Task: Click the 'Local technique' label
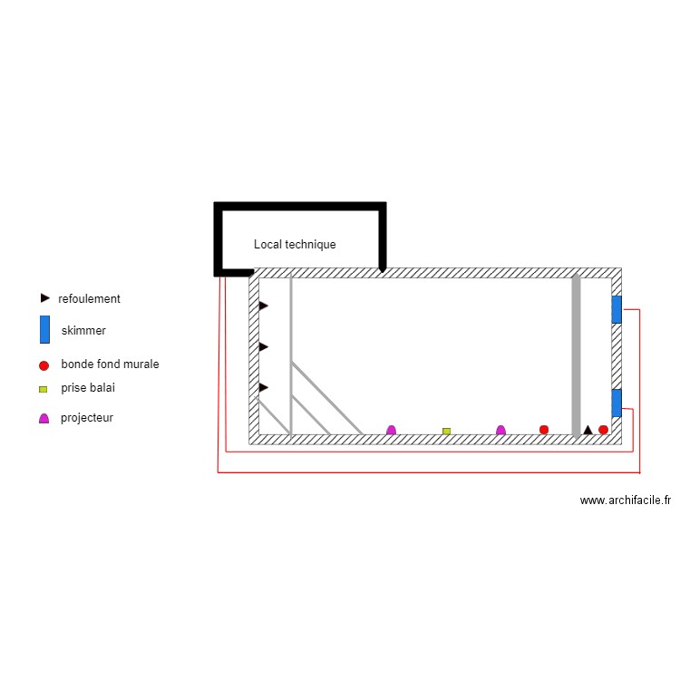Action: click(295, 245)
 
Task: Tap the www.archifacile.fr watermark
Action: click(625, 500)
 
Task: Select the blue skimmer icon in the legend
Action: click(44, 330)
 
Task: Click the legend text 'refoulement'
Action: click(89, 298)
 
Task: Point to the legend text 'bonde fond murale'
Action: click(110, 364)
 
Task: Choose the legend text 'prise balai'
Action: click(88, 388)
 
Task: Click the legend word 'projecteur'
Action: click(87, 418)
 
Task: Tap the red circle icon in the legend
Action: click(44, 365)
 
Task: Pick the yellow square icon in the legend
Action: click(43, 389)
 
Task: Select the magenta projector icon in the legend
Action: click(44, 418)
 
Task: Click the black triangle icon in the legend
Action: click(44, 297)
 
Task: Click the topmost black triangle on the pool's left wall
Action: click(263, 306)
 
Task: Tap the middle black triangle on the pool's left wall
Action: click(263, 346)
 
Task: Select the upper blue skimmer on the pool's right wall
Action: click(617, 309)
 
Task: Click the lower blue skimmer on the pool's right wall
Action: click(617, 403)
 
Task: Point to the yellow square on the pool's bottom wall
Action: click(446, 431)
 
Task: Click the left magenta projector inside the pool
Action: click(391, 430)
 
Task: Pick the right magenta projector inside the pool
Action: click(500, 430)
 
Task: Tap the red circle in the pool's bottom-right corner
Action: click(603, 430)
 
